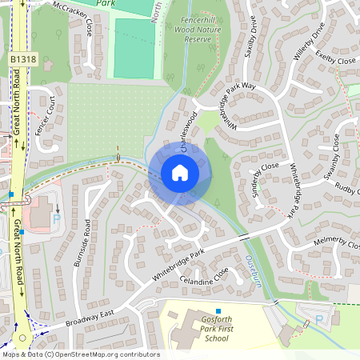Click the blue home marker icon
coord(180,173)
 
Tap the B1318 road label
coord(23,60)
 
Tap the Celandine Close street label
coord(204,277)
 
